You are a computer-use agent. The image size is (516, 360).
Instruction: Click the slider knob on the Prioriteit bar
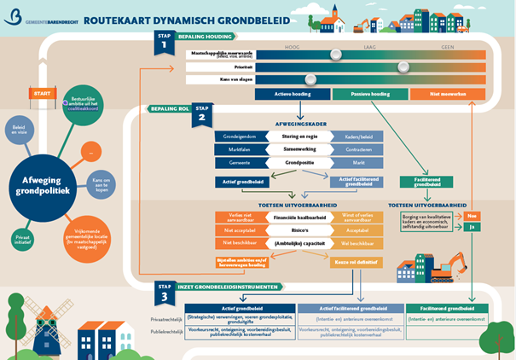pyautogui.click(x=403, y=67)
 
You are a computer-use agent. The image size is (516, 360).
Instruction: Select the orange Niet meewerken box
pyautogui.click(x=447, y=94)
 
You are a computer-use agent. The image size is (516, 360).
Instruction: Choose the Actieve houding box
pyautogui.click(x=293, y=94)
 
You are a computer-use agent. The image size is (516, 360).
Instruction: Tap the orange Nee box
pyautogui.click(x=473, y=216)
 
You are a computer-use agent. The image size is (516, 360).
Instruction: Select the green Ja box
pyautogui.click(x=473, y=228)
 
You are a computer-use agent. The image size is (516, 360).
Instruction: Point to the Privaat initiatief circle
pyautogui.click(x=23, y=239)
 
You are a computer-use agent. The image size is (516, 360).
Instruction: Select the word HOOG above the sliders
pyautogui.click(x=291, y=49)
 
